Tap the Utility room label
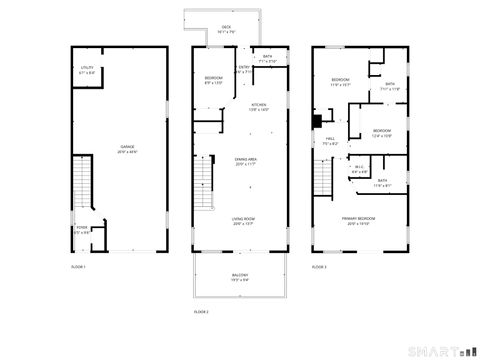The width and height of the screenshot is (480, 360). point(87,70)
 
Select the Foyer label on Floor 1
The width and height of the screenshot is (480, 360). point(82,230)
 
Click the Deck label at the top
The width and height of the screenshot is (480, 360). point(227,29)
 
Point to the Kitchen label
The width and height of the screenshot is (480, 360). point(258,107)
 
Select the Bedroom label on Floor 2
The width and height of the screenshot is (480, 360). point(214,79)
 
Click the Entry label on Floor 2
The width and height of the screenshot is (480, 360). point(241,70)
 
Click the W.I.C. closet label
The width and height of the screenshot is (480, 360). point(359,168)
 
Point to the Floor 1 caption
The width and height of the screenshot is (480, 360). point(78,267)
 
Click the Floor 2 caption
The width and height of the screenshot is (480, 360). point(201,312)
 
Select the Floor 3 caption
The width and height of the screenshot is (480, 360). point(319,267)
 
